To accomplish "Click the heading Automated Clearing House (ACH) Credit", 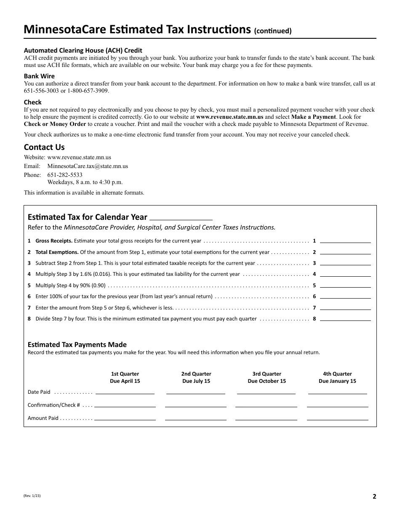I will (x=83, y=50).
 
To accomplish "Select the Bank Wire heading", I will (x=39, y=76).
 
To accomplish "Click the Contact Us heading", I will (x=44, y=147).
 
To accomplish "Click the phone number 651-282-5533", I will (x=65, y=175).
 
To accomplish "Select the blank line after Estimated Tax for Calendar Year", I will (x=181, y=218).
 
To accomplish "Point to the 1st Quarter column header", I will (x=125, y=374).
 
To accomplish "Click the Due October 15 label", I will (x=267, y=381).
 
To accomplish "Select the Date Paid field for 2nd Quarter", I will (x=196, y=392).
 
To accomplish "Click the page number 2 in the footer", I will (x=374, y=496).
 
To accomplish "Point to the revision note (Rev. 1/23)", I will (x=32, y=496).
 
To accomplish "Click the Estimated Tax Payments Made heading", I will (x=77, y=344).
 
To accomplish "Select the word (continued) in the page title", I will (x=273, y=31).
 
